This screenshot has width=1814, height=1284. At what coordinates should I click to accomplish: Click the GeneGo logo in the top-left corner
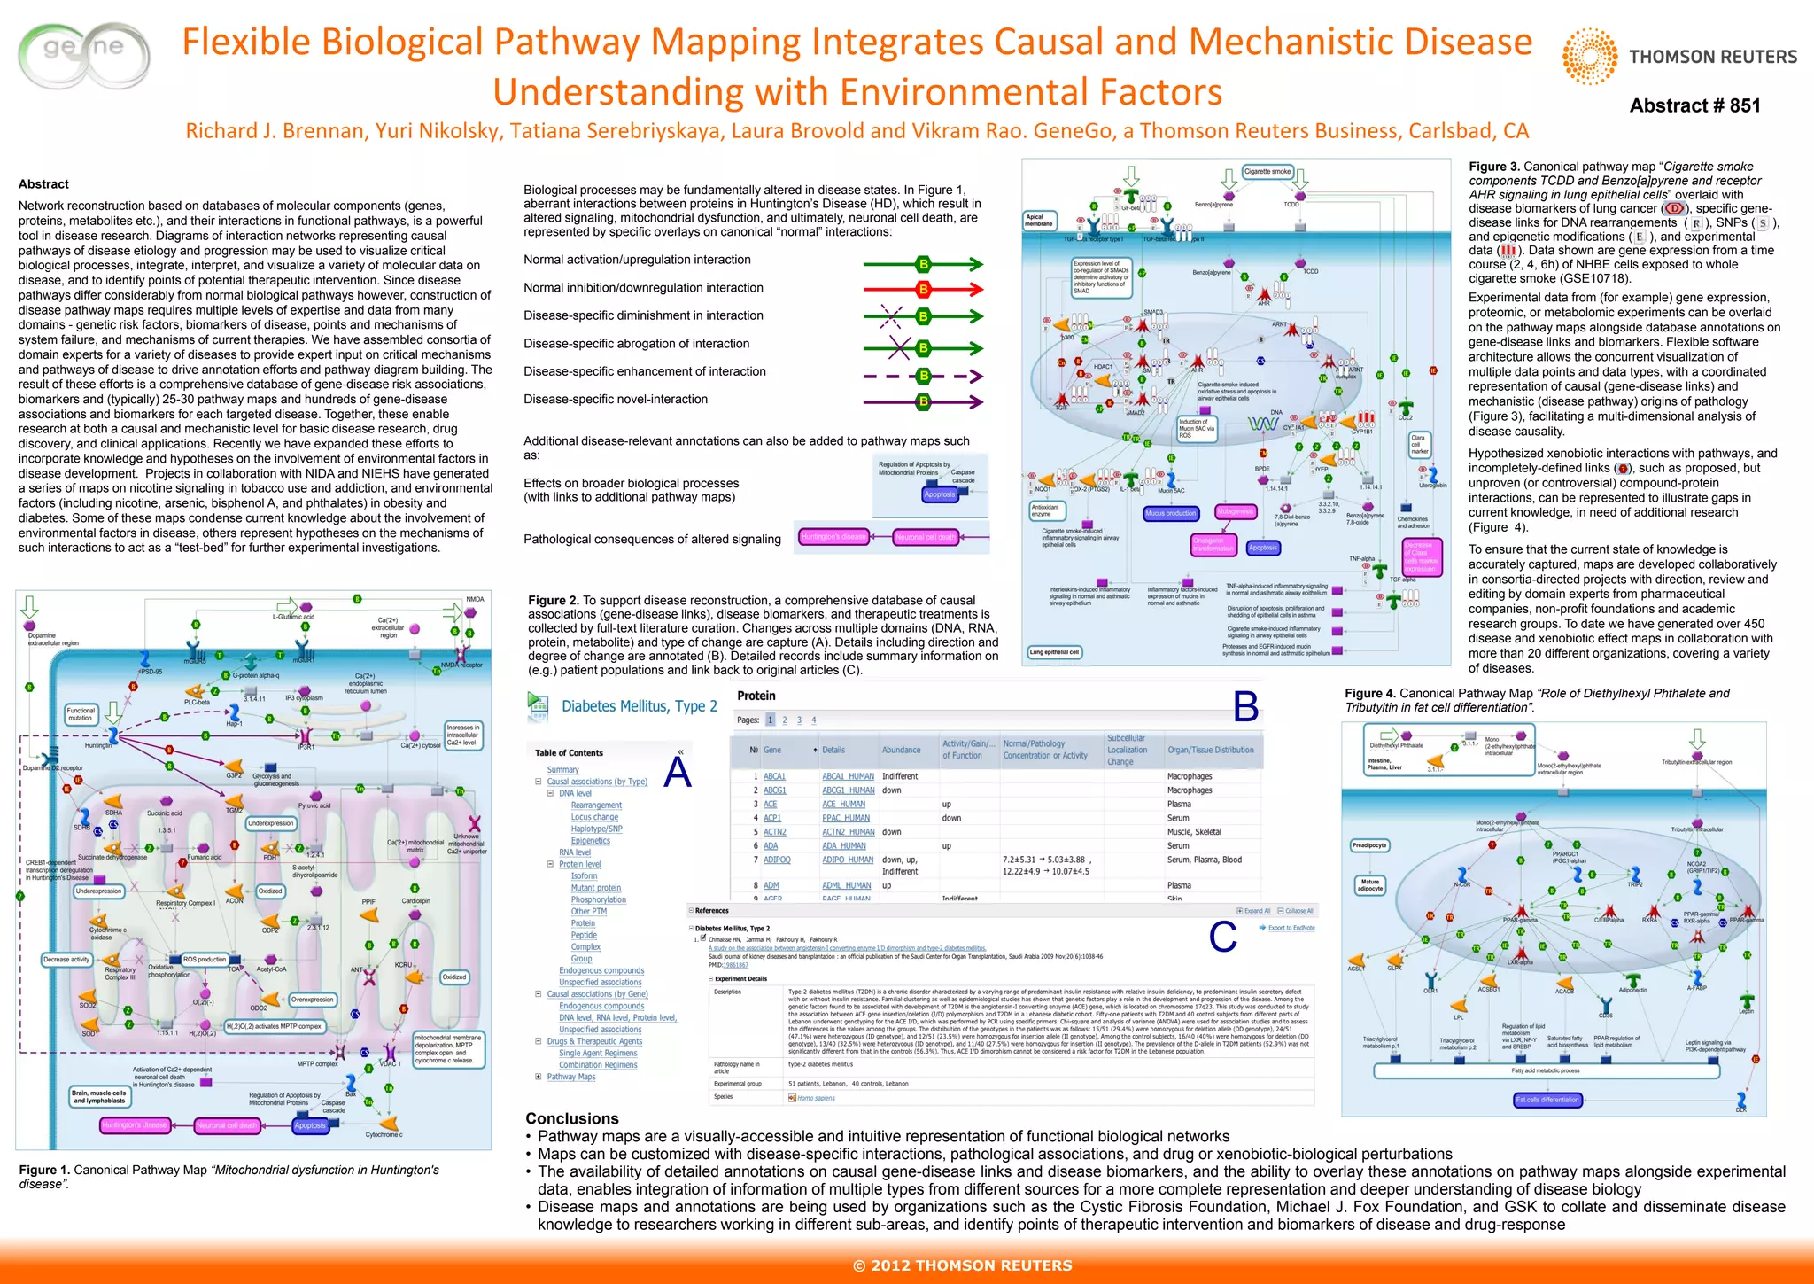(84, 55)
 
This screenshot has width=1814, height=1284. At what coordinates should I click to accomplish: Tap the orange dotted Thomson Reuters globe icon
(1591, 57)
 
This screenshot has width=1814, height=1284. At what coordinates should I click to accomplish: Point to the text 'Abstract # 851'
(1694, 105)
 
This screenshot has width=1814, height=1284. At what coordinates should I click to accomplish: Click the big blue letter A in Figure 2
(678, 772)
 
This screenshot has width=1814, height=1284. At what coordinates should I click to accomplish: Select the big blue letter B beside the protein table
(1245, 706)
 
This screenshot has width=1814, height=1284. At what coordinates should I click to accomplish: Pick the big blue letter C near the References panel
(1222, 937)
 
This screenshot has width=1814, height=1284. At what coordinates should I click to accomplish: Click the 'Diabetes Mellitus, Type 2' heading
(639, 706)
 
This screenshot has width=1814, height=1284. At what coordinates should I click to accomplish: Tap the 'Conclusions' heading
(572, 1118)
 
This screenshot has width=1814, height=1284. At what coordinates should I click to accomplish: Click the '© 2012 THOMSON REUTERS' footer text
(962, 1265)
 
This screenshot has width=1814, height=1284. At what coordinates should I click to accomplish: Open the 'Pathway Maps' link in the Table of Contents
(570, 1077)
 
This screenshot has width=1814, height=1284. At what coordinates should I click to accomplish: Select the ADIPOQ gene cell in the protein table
(777, 860)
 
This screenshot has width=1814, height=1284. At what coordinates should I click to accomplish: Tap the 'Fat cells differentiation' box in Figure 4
(1547, 1100)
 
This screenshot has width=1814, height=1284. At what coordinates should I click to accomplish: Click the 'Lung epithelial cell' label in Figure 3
(1054, 652)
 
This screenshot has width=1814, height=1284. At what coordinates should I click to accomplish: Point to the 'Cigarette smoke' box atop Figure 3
(1267, 172)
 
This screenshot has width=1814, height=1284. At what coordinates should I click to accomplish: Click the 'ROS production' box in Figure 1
(205, 959)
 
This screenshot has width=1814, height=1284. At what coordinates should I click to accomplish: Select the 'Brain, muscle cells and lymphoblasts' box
(99, 1097)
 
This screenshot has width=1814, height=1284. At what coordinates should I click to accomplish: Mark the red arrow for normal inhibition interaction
(923, 289)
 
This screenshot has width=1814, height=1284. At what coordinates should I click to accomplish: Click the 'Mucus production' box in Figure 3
(1170, 513)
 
